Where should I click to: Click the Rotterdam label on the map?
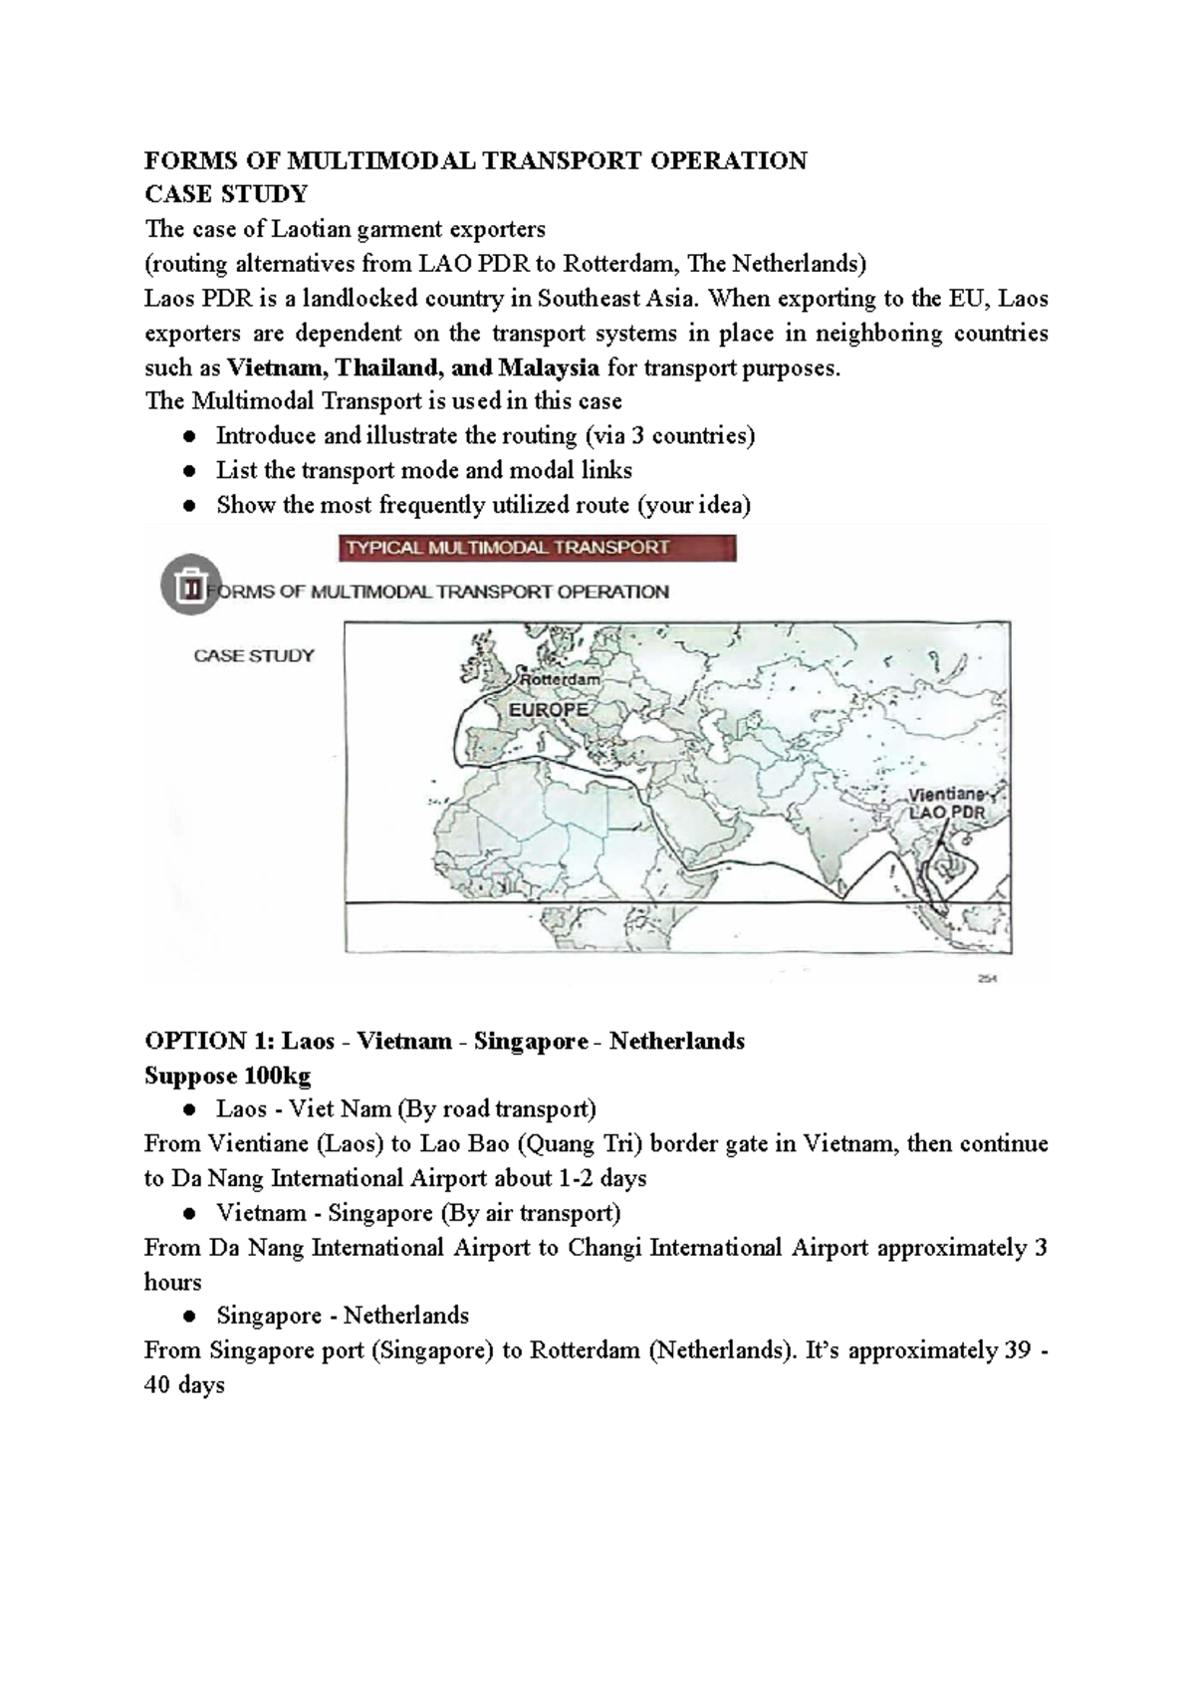tap(561, 679)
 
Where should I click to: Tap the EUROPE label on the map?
tap(548, 710)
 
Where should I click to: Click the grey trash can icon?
tap(188, 585)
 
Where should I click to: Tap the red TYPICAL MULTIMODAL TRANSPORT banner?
tap(537, 548)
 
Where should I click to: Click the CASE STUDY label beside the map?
tap(253, 655)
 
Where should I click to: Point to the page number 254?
tap(987, 978)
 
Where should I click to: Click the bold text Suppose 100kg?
tap(227, 1076)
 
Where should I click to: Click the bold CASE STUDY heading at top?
tap(226, 193)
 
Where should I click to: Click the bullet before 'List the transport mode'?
tap(189, 471)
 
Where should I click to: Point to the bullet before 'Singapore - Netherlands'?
tap(189, 1317)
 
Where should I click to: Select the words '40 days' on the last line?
tap(184, 1385)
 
